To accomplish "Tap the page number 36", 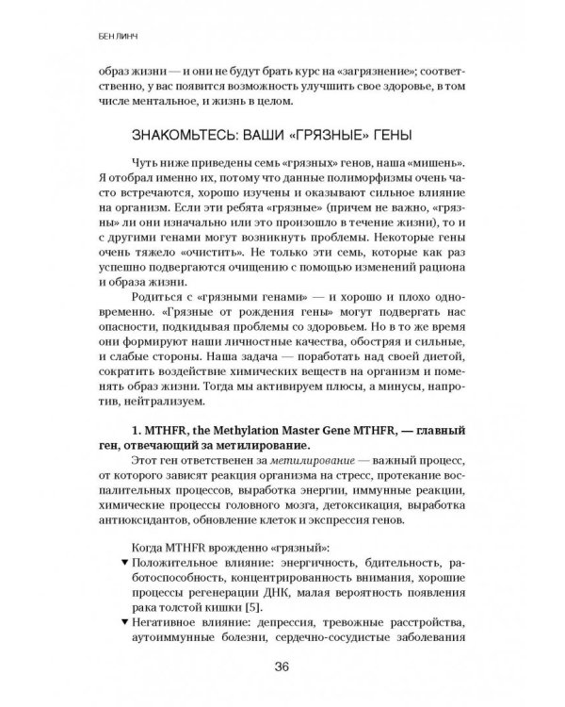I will tap(282, 669).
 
